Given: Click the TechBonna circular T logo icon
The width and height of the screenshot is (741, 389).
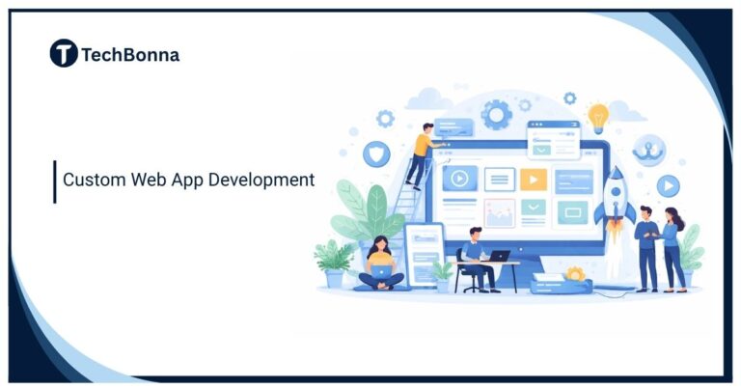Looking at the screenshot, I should [64, 54].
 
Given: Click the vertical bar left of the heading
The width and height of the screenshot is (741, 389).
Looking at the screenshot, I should [55, 181].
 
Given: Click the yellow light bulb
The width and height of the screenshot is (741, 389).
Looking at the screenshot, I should [598, 116].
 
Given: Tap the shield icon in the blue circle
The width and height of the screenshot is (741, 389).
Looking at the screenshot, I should [375, 153].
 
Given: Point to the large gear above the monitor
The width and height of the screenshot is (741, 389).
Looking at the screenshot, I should [497, 114].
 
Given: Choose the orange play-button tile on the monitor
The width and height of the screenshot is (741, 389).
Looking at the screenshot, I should [534, 179].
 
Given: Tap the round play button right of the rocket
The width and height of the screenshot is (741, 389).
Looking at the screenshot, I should [668, 185].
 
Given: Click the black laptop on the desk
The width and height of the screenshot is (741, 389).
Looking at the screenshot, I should [499, 256].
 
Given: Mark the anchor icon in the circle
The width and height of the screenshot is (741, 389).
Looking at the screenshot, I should [648, 151].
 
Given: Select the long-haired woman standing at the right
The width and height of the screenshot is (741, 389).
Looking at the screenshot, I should [673, 246].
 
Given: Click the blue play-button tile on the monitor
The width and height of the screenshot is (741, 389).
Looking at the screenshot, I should [460, 178].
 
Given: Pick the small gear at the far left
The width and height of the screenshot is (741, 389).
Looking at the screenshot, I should [385, 119].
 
